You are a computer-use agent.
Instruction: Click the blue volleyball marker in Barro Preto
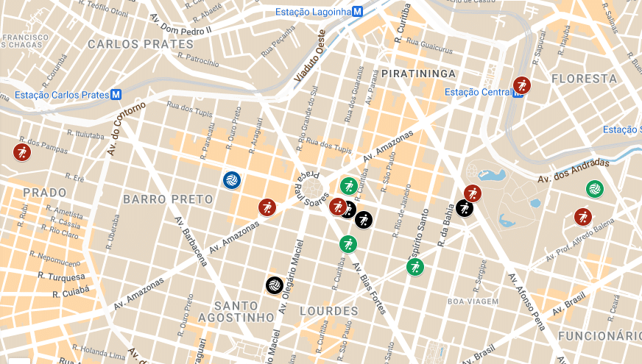click(231, 179)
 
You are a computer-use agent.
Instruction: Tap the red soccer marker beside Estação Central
click(522, 85)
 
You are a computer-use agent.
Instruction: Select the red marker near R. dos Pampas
click(21, 152)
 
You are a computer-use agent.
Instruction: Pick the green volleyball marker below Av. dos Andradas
click(593, 189)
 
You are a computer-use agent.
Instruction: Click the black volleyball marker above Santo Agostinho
click(274, 284)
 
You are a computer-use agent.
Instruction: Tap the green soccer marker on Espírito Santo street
click(415, 266)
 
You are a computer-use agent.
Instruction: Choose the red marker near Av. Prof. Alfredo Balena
click(583, 217)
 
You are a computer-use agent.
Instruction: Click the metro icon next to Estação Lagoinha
click(357, 12)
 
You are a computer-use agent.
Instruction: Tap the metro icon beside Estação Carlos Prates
click(116, 95)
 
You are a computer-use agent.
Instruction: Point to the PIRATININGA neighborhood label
click(418, 74)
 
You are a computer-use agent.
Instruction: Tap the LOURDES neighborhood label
click(329, 311)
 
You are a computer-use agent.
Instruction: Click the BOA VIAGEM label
click(473, 301)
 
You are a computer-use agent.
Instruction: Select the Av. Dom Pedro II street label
click(180, 25)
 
